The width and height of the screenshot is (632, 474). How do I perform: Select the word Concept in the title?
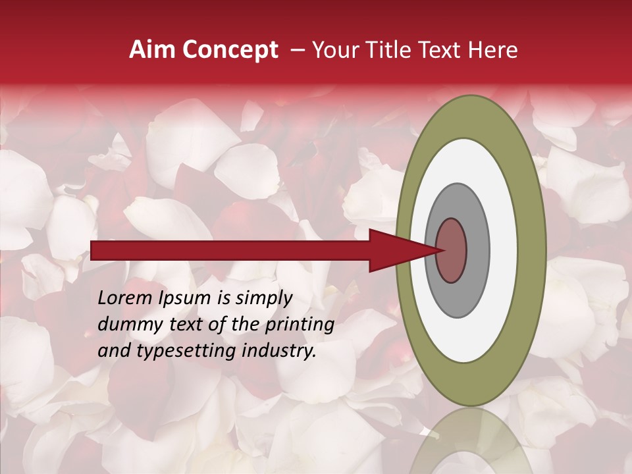pos(230,50)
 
